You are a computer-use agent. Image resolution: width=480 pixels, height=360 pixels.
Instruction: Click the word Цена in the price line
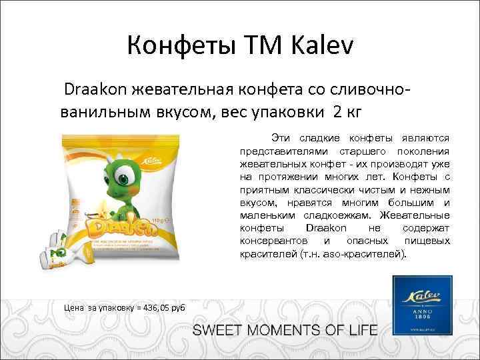coord(74,307)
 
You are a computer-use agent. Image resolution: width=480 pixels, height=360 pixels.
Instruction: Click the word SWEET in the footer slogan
coord(218,330)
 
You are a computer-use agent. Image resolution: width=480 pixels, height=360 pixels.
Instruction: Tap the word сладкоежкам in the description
coord(337,215)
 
